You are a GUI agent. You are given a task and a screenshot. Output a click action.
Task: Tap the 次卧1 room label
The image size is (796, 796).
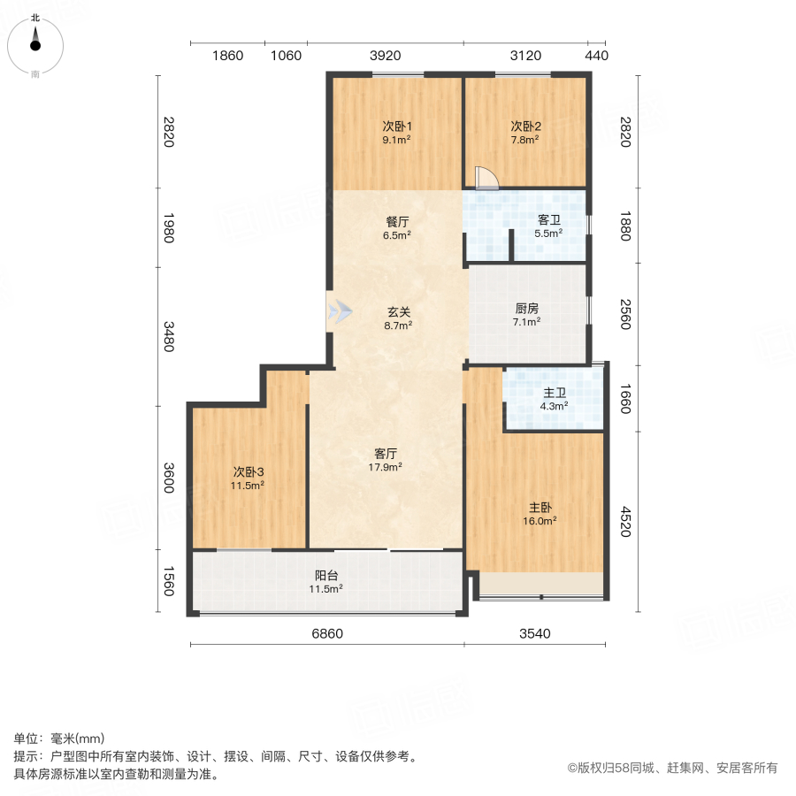(x=395, y=126)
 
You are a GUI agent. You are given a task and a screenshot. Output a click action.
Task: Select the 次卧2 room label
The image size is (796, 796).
(x=525, y=126)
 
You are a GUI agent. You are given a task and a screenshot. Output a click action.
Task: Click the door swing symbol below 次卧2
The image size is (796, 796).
(x=486, y=179)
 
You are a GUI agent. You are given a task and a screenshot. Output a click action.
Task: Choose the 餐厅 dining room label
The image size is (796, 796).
(x=395, y=223)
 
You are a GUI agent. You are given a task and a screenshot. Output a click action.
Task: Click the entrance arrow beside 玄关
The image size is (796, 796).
(x=340, y=312)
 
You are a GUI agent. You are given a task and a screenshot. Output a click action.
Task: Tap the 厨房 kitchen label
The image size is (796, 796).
(x=527, y=310)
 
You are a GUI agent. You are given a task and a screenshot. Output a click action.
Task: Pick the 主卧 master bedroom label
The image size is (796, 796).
(x=540, y=508)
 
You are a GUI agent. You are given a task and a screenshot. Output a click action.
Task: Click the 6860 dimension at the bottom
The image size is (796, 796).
(x=327, y=633)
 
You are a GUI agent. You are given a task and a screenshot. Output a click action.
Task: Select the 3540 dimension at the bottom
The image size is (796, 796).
(x=535, y=633)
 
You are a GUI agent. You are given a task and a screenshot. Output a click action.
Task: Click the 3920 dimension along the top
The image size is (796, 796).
(x=386, y=56)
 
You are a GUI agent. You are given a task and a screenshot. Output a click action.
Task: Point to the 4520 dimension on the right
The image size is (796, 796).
(x=625, y=522)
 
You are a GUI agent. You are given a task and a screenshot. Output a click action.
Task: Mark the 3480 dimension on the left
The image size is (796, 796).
(x=167, y=335)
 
